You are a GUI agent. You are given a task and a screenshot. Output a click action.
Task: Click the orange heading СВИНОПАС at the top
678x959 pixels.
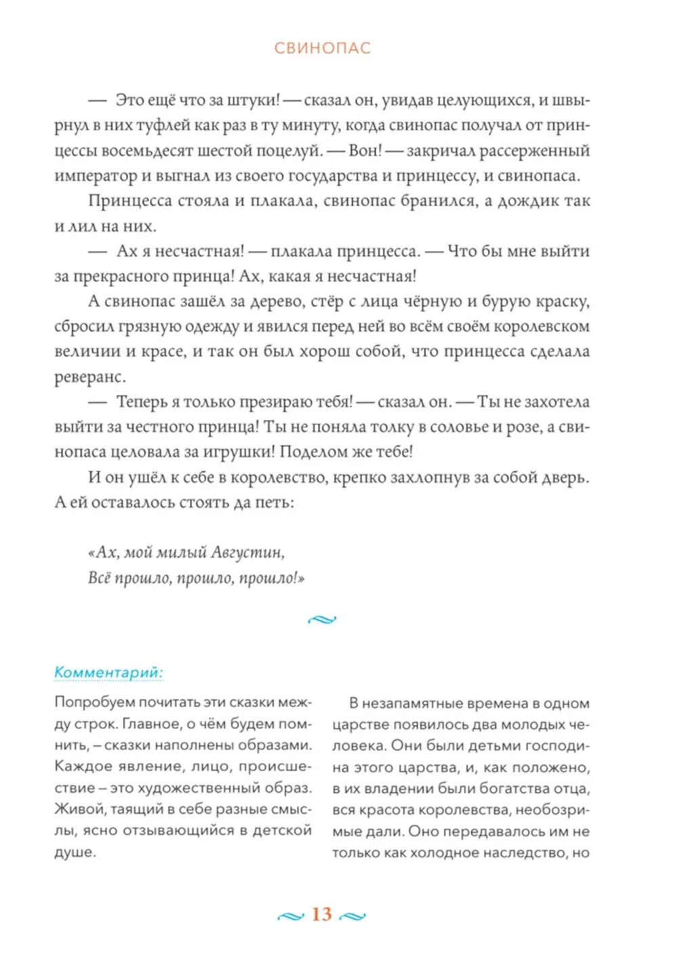[x=323, y=48]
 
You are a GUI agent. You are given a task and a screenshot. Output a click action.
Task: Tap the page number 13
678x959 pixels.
[x=321, y=914]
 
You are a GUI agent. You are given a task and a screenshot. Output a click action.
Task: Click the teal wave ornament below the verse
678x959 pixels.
[x=322, y=619]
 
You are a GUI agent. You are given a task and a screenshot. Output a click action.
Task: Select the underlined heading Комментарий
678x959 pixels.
[x=108, y=672]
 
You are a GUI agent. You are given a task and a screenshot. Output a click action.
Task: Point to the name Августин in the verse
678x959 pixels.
[x=247, y=553]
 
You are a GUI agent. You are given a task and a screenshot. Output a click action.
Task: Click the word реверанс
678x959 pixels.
[x=89, y=377]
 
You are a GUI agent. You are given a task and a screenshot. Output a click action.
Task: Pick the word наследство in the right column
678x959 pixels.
[x=526, y=853]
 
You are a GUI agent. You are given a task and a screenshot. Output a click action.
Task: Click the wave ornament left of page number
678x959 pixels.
[x=291, y=916]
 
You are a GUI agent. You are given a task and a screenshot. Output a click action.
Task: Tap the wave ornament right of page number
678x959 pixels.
[x=352, y=916]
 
